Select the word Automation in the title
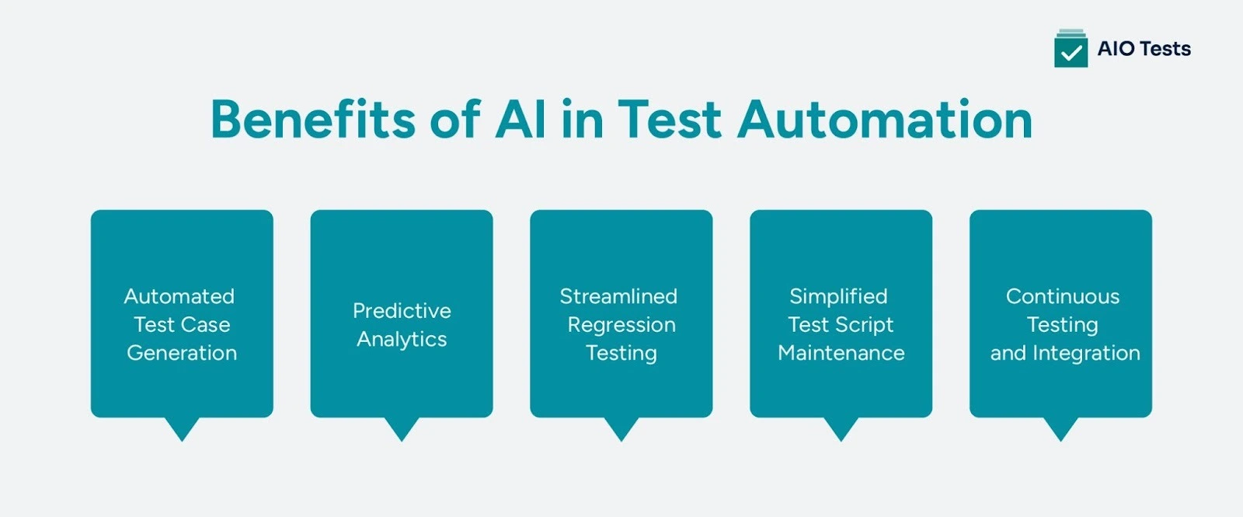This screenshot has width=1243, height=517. tap(885, 120)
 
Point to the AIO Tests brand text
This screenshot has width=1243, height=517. tap(1144, 49)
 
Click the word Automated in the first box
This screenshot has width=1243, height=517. tap(179, 296)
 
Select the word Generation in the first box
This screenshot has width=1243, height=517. tap(182, 353)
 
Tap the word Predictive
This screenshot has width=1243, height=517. tap(402, 311)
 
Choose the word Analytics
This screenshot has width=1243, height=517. tap(402, 340)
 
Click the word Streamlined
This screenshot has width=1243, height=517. tap(618, 296)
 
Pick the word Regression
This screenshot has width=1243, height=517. tap(621, 325)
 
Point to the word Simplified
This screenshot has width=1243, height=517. tap(838, 296)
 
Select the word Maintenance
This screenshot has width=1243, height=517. tap(841, 353)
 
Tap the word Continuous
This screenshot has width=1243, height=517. tap(1063, 296)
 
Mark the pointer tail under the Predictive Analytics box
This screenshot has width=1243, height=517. tap(402, 428)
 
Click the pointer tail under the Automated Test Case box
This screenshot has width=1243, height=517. tap(182, 428)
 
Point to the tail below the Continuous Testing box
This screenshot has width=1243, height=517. tap(1060, 428)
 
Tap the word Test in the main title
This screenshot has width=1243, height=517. tap(670, 120)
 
